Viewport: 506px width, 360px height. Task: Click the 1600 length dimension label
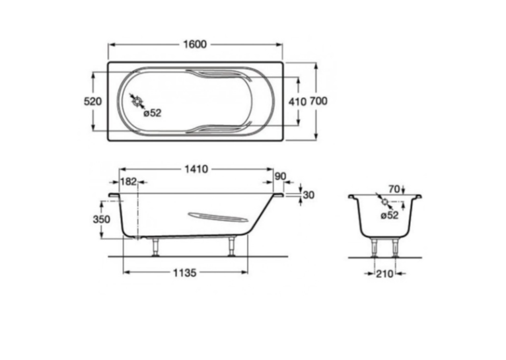pyautogui.click(x=195, y=44)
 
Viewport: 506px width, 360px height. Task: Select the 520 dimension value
pyautogui.click(x=92, y=101)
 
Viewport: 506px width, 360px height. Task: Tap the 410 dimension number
pyautogui.click(x=297, y=102)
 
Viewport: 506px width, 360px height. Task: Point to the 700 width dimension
pyautogui.click(x=318, y=101)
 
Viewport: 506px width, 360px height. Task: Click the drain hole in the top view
pyautogui.click(x=137, y=101)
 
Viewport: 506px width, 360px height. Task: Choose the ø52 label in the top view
pyautogui.click(x=153, y=113)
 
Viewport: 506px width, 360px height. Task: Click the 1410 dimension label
pyautogui.click(x=196, y=169)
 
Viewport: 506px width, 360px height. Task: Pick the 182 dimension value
pyautogui.click(x=128, y=182)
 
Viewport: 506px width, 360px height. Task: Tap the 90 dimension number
pyautogui.click(x=280, y=176)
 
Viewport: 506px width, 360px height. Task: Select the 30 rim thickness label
pyautogui.click(x=309, y=195)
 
